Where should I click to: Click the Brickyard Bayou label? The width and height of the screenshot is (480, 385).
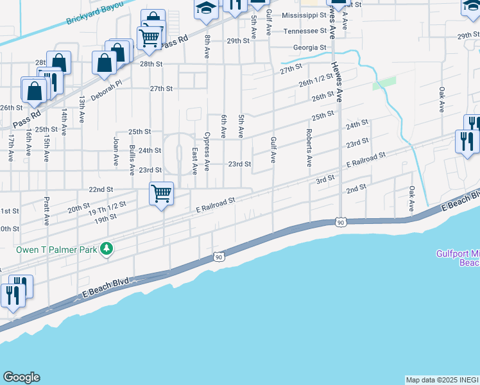[94, 16]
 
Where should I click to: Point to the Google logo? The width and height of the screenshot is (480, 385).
[21, 377]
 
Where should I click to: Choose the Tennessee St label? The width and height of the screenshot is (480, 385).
[305, 31]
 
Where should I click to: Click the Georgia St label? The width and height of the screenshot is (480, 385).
[309, 47]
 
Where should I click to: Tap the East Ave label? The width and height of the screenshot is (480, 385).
[194, 160]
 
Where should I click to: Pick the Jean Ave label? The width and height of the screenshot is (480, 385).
[116, 152]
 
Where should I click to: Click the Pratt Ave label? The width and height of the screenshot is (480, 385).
[46, 210]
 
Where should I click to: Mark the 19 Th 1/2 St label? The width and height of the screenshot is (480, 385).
[108, 209]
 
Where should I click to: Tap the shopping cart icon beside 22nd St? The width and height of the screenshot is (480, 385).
[161, 193]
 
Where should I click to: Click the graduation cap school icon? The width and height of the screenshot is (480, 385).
[206, 8]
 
